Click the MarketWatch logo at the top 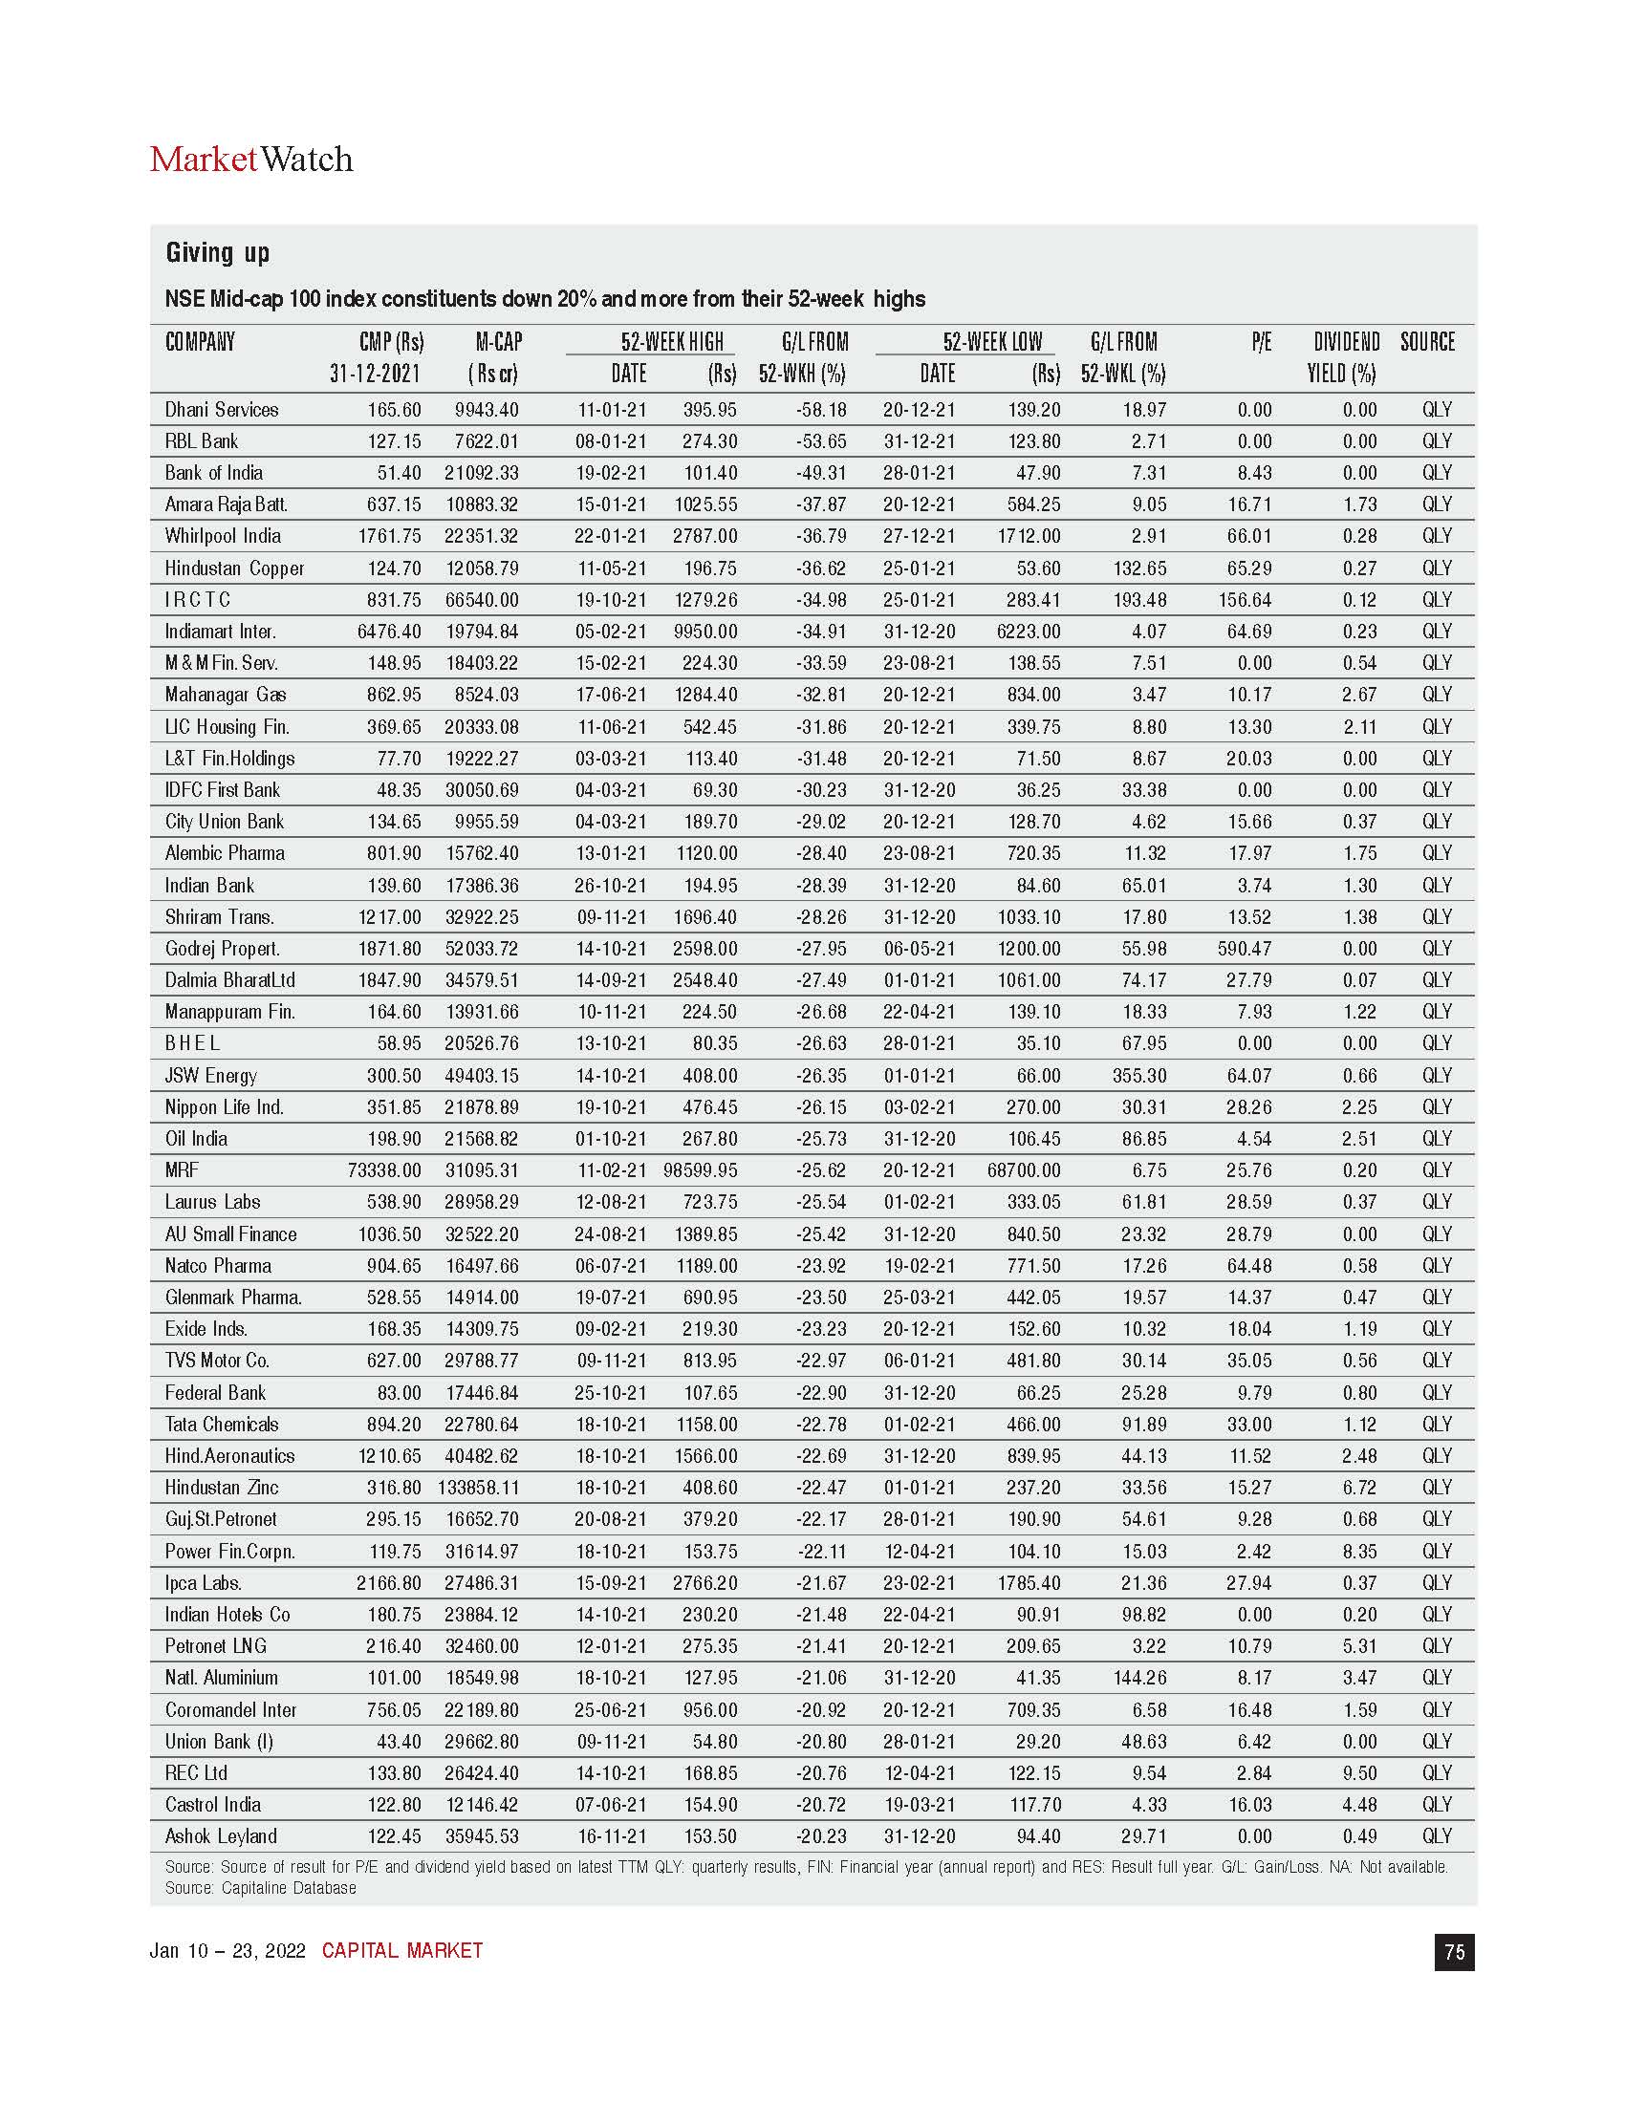coord(251,160)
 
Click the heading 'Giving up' coord(218,253)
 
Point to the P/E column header coord(1261,343)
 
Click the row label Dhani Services coord(222,410)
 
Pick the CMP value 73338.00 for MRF coord(384,1170)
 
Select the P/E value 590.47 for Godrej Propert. coord(1244,949)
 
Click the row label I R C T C coord(197,600)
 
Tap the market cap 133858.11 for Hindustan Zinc coord(478,1488)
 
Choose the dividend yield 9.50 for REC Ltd coord(1359,1772)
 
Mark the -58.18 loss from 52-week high coord(821,410)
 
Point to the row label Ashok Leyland coord(221,1836)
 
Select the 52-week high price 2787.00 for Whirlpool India coord(704,536)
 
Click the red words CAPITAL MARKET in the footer coord(402,1951)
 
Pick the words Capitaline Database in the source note coord(289,1888)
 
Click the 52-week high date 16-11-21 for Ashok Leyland coord(612,1836)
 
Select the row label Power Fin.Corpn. coord(230,1552)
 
